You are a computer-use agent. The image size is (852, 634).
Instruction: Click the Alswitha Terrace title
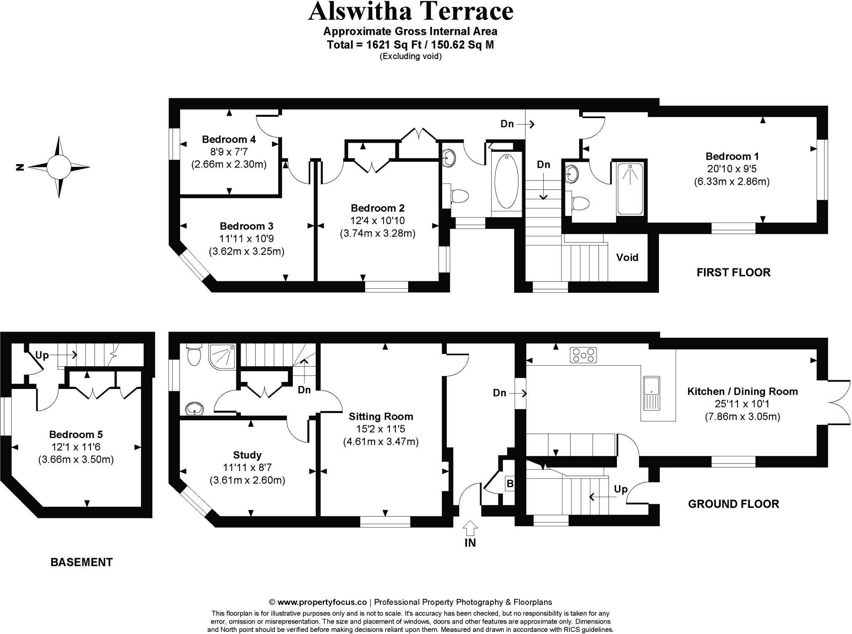[x=411, y=12]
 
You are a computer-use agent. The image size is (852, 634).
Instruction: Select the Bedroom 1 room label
[x=732, y=156]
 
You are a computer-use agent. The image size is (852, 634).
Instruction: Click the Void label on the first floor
[x=627, y=258]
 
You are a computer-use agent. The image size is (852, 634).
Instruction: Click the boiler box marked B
[x=510, y=484]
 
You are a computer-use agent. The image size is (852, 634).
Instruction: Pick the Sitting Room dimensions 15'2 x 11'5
[x=381, y=429]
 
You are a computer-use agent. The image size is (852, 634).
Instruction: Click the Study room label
[x=247, y=455]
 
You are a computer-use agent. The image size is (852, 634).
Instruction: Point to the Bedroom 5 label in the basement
[x=76, y=434]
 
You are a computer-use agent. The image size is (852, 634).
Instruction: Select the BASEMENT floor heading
[x=82, y=562]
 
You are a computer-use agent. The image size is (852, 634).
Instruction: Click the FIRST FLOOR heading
[x=733, y=272]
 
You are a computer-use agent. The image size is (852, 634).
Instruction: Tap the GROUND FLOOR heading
[x=733, y=504]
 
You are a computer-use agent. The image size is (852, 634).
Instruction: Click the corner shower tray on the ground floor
[x=223, y=356]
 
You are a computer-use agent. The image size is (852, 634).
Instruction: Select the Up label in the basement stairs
[x=42, y=355]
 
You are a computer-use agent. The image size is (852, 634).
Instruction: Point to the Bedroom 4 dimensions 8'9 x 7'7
[x=228, y=152]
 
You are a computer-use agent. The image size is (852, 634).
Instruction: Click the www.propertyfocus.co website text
[x=322, y=602]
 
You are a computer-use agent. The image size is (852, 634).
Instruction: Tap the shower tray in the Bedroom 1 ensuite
[x=630, y=189]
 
